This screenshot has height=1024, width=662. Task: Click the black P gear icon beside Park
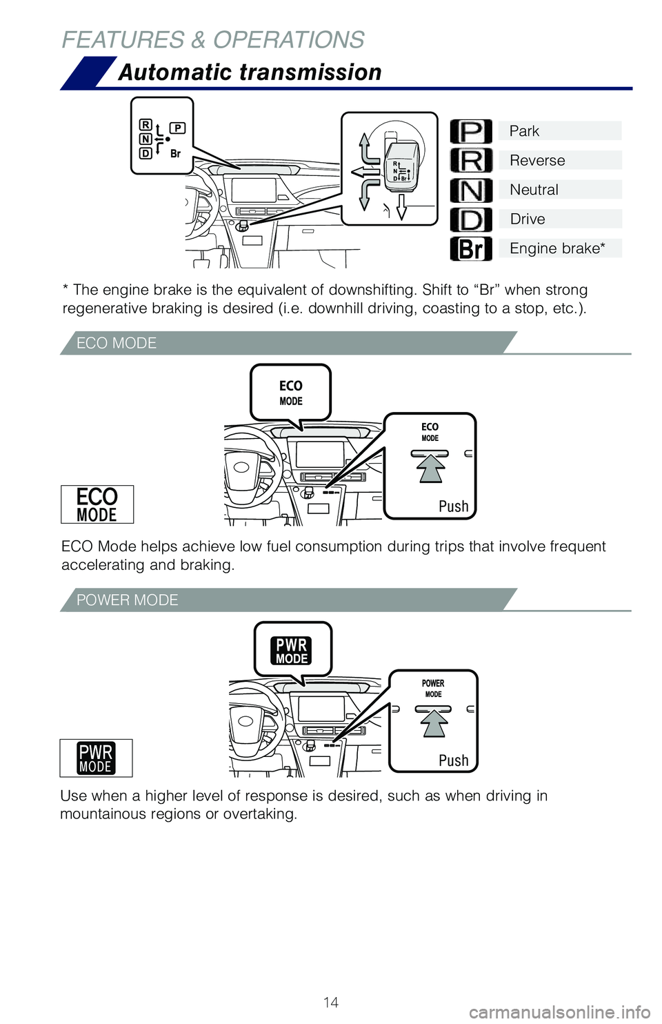point(471,131)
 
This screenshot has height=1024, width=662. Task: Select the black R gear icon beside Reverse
point(471,161)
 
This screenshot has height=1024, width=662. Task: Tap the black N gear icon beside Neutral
point(471,190)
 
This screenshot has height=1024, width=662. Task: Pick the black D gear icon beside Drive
point(471,220)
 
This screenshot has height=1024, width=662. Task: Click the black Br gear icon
point(471,249)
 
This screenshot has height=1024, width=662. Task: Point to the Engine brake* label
point(557,248)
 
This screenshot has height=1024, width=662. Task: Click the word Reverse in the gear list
point(537,161)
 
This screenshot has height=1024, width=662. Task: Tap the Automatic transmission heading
point(250,72)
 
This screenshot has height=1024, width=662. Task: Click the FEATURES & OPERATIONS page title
point(213,40)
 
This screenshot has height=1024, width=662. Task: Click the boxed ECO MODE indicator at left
point(97,504)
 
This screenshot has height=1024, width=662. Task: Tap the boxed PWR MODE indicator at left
point(96,758)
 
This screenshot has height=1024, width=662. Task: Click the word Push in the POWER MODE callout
point(453,760)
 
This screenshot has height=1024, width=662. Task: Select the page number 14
point(331,1002)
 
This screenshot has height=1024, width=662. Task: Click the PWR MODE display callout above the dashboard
point(292,650)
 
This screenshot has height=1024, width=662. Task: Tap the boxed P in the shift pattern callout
point(177,128)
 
